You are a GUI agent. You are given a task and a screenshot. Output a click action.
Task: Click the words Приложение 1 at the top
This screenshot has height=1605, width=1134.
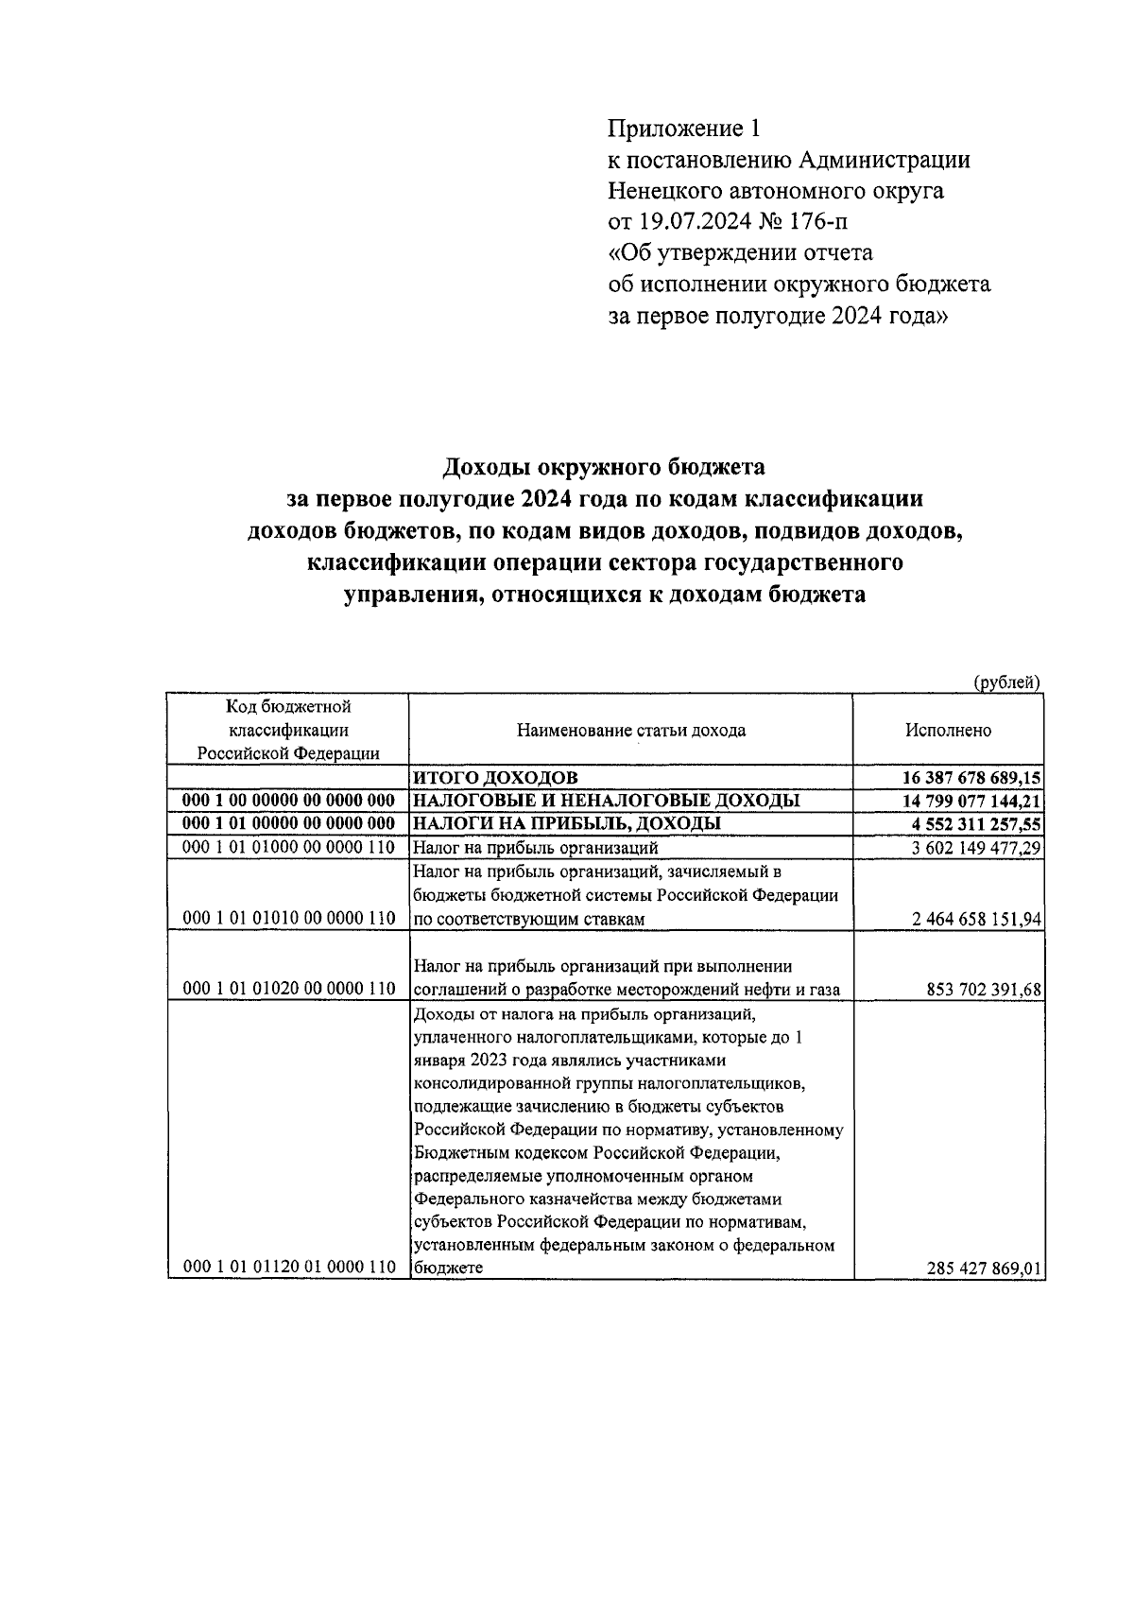(683, 128)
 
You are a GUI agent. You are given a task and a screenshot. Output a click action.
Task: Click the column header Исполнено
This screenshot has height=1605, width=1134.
(948, 730)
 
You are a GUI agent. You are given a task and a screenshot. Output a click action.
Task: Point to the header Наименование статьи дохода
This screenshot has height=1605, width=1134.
(630, 730)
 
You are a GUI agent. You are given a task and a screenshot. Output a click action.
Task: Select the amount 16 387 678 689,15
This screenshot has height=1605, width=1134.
(972, 778)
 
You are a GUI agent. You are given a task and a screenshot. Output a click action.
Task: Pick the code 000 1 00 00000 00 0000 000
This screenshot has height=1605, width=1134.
(287, 801)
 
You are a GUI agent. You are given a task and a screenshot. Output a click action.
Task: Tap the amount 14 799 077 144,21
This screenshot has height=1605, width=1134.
(972, 802)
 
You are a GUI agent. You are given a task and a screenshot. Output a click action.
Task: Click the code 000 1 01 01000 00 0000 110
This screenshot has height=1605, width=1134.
(287, 847)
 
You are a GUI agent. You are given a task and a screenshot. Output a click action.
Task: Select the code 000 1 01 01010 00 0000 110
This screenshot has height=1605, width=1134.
(287, 918)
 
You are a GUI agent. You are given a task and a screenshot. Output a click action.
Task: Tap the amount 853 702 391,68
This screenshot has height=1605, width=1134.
(985, 990)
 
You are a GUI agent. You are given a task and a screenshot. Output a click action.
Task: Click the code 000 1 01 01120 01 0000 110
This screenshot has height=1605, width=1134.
(287, 1268)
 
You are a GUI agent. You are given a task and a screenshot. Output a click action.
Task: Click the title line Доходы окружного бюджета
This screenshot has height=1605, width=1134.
(604, 467)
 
